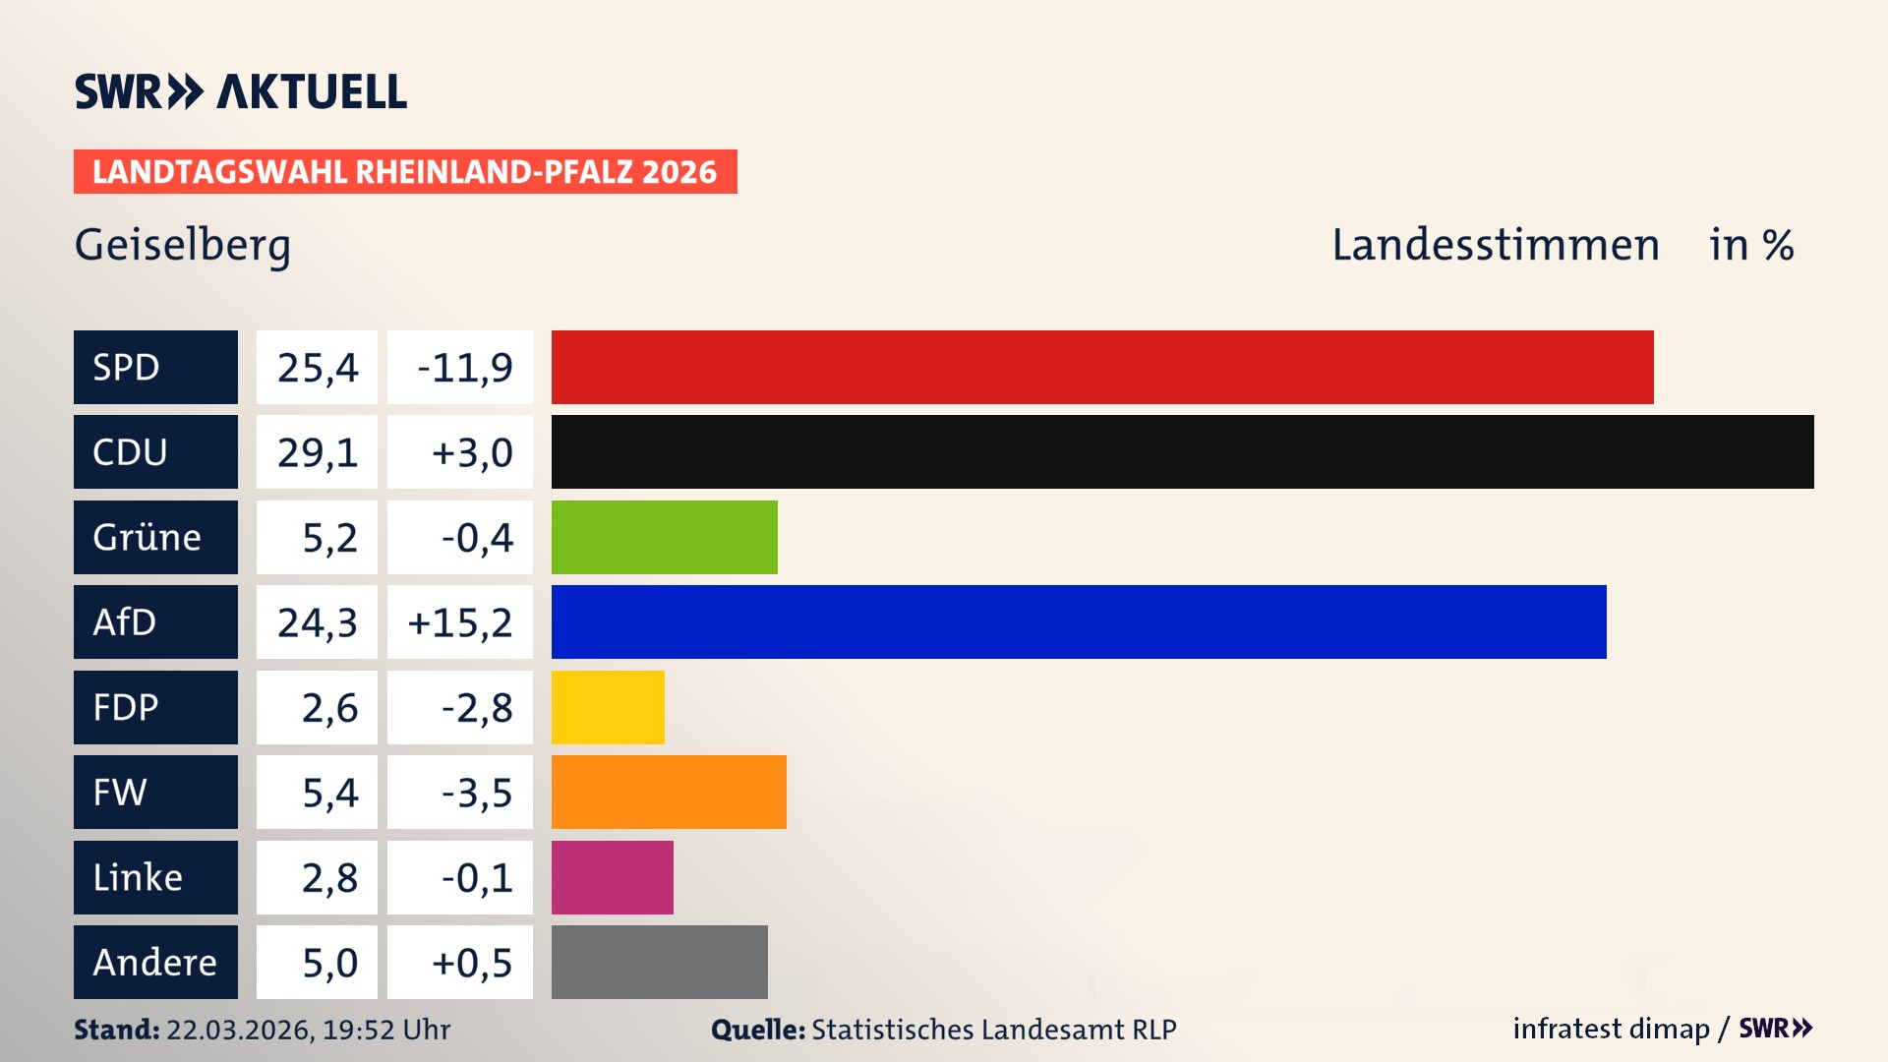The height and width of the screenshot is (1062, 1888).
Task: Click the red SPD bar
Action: (1101, 367)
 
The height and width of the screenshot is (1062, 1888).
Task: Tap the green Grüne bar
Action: (664, 537)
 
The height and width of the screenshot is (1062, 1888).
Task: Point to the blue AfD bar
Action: (1078, 621)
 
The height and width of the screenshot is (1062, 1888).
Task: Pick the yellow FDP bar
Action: (608, 707)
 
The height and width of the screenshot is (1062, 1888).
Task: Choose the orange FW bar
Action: (669, 792)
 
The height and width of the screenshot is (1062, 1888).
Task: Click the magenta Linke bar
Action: (612, 877)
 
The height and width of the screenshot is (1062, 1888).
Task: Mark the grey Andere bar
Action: (659, 962)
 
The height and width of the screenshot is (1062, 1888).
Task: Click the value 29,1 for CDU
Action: (317, 452)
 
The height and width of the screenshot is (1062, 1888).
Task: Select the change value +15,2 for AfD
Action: (460, 622)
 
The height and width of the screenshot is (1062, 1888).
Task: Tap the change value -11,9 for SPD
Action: (464, 368)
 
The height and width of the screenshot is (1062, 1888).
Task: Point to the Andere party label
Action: (155, 962)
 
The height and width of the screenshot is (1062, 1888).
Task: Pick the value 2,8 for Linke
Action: (328, 878)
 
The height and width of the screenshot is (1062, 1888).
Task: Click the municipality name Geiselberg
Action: (183, 245)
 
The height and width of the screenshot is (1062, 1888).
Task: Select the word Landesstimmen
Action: (1495, 245)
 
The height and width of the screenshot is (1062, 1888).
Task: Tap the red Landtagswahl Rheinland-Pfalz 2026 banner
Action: (405, 172)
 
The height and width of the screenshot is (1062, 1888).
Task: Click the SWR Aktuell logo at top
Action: (241, 91)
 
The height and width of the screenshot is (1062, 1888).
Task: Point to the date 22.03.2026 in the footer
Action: (239, 1030)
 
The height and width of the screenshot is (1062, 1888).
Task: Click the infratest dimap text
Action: (1610, 1029)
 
